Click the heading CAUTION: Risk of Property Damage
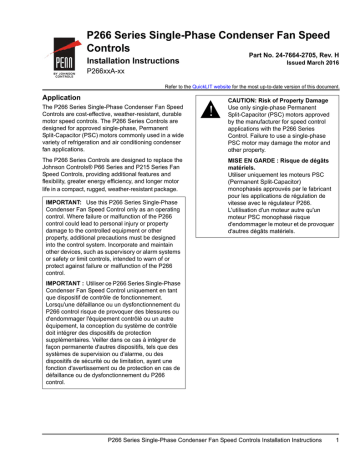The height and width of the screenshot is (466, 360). point(281,102)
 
